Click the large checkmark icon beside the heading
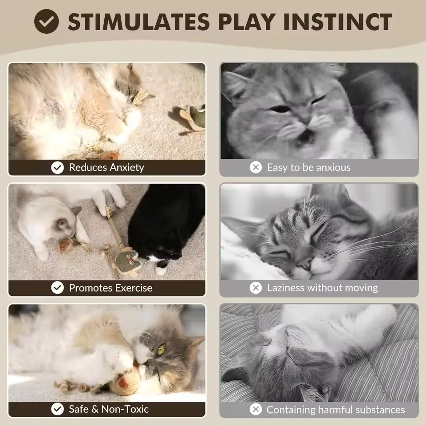[x=47, y=21]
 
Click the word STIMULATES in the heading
[x=138, y=22]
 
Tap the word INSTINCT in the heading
[x=337, y=22]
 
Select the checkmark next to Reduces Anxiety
[x=57, y=168]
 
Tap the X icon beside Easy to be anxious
[x=256, y=167]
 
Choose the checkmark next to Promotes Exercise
[x=57, y=288]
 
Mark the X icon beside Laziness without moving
[x=256, y=288]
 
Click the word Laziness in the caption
[x=285, y=288]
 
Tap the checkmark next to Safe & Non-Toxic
[x=57, y=409]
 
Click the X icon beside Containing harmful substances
[x=256, y=409]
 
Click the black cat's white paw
[x=161, y=270]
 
